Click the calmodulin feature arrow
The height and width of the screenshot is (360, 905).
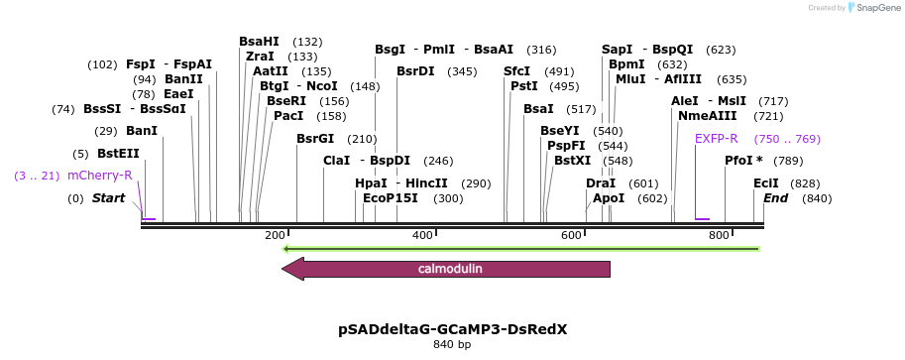[446, 269]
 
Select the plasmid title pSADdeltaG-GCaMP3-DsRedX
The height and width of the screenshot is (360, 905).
[452, 328]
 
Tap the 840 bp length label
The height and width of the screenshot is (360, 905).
[452, 345]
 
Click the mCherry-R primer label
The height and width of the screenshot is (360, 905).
[99, 176]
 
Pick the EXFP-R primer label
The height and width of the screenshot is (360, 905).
[716, 139]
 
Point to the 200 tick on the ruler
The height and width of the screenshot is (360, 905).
[275, 235]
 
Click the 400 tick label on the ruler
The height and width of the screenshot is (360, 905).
[422, 235]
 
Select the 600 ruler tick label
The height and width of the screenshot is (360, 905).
[571, 235]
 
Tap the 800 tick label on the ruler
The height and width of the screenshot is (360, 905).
[719, 235]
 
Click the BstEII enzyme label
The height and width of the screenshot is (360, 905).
[118, 154]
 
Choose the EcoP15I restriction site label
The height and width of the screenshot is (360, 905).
[391, 198]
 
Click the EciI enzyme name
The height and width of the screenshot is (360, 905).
[766, 183]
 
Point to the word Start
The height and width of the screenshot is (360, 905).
[108, 198]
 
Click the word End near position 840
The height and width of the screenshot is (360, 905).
[776, 198]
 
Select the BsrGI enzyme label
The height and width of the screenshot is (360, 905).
[315, 139]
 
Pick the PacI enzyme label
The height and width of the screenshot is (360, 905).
[288, 116]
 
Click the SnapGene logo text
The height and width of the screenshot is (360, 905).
[873, 8]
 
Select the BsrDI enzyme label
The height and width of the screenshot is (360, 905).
[415, 71]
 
